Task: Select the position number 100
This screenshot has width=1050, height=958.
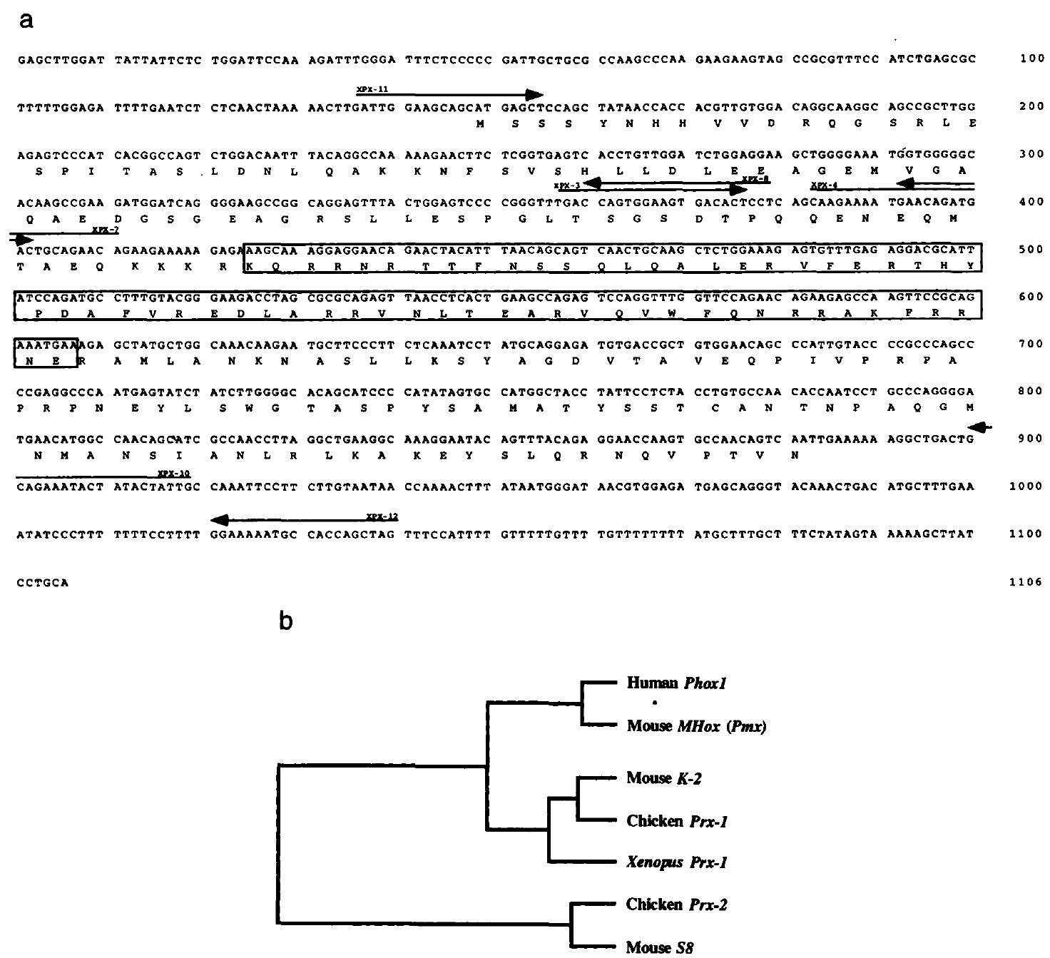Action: pyautogui.click(x=1032, y=59)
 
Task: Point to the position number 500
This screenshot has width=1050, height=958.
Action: pyautogui.click(x=1032, y=249)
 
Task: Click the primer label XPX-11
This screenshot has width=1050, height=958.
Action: pyautogui.click(x=372, y=88)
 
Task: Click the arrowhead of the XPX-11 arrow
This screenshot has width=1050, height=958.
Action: pyautogui.click(x=534, y=94)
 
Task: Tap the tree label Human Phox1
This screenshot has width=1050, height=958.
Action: pyautogui.click(x=676, y=683)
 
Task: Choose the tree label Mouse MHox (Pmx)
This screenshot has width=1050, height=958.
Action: pyautogui.click(x=697, y=726)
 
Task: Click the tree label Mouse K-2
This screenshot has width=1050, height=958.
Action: pyautogui.click(x=664, y=778)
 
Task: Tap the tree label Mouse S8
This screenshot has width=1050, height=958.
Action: pyautogui.click(x=659, y=947)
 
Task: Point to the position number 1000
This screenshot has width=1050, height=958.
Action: pyautogui.click(x=1028, y=486)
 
